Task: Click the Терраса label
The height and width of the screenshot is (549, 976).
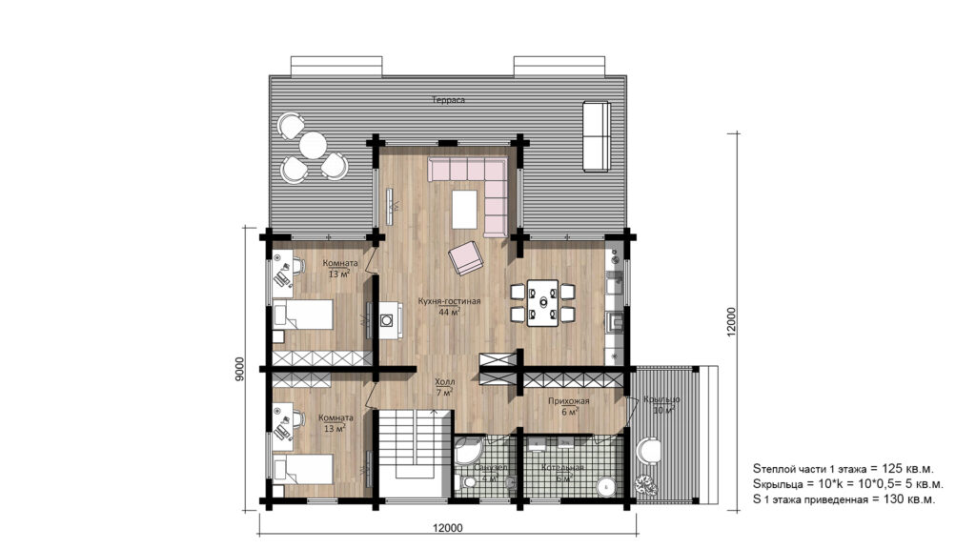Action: (x=447, y=99)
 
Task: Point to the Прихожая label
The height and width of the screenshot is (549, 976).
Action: (x=568, y=401)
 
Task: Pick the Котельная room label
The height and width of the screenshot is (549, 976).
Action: (x=561, y=469)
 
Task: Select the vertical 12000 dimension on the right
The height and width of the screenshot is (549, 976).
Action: (x=731, y=325)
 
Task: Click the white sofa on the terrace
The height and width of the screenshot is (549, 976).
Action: (x=596, y=137)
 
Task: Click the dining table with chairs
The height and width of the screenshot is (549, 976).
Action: (x=542, y=301)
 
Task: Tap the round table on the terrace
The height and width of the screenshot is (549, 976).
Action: (x=313, y=147)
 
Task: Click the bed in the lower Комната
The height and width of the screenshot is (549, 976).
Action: (x=303, y=469)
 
